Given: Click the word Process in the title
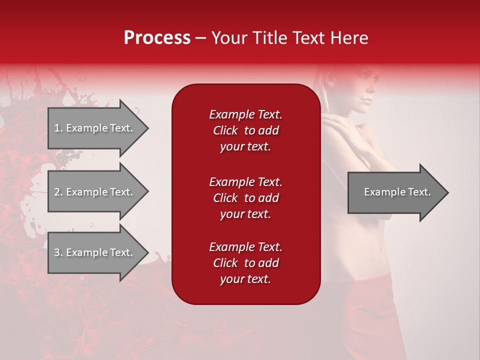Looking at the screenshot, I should pos(157,38).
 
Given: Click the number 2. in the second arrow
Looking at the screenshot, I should pos(58,192).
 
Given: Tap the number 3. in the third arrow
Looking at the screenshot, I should pos(58,252).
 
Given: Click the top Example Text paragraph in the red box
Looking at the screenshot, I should pos(245,130).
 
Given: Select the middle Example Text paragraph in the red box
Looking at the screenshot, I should pos(245,197).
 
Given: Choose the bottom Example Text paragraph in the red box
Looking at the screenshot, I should pos(245,263).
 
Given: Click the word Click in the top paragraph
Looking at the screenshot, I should pos(225,130).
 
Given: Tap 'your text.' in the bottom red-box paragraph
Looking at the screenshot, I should pos(245,279).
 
